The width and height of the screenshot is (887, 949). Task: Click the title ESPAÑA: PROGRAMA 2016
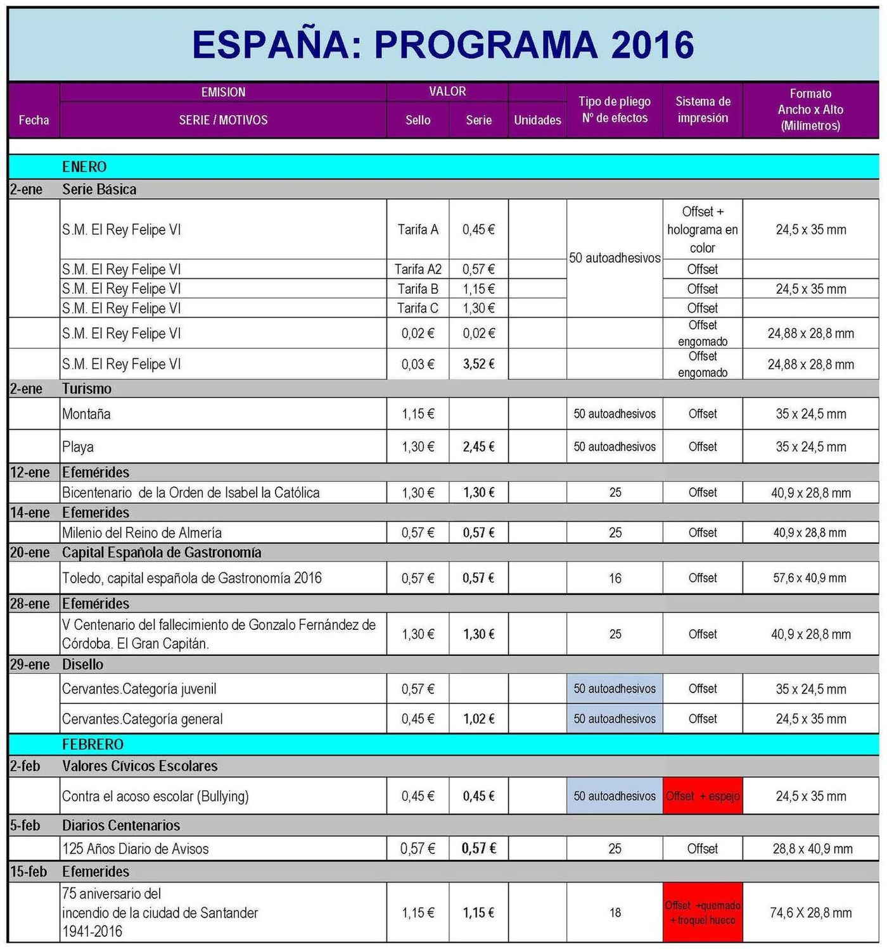tap(443, 44)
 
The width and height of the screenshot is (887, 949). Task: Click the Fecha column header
tap(34, 120)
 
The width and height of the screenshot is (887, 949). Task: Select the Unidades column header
tap(537, 120)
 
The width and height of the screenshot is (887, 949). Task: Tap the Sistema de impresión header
tap(703, 110)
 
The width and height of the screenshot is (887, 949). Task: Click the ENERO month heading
tap(84, 167)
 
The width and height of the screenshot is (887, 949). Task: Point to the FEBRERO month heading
tap(93, 744)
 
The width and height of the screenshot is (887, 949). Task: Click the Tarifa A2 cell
tap(418, 269)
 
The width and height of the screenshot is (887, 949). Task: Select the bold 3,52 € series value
tap(478, 364)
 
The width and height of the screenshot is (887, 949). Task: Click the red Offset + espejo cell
tap(703, 796)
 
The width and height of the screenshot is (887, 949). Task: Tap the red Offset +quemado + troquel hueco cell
tap(703, 912)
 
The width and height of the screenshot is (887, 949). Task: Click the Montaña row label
tap(86, 414)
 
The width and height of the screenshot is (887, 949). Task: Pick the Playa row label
tap(78, 447)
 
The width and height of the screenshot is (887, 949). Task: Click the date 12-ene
tap(29, 472)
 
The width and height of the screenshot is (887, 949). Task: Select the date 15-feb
tap(29, 872)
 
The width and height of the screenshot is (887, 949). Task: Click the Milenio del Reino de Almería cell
tap(142, 532)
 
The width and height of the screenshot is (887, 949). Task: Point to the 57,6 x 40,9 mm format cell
tap(810, 578)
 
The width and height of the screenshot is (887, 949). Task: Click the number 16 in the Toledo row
tap(615, 578)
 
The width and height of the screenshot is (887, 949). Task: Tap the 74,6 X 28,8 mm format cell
tap(810, 912)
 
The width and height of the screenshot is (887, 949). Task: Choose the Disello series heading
tap(82, 664)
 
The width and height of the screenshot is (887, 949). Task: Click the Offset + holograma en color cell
tap(703, 229)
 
